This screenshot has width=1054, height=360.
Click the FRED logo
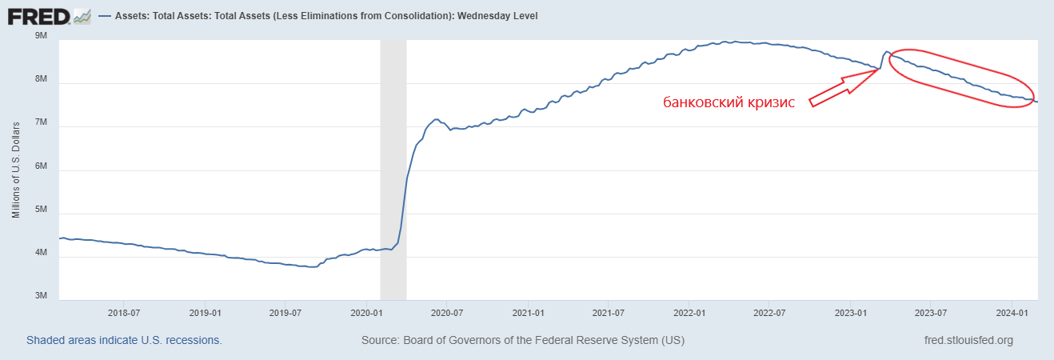pyautogui.click(x=38, y=15)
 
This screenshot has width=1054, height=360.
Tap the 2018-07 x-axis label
pyautogui.click(x=124, y=312)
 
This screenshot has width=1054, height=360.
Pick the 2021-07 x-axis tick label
pyautogui.click(x=609, y=312)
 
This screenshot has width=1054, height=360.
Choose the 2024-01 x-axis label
pyautogui.click(x=1011, y=312)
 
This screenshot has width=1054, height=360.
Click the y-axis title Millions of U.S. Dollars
pyautogui.click(x=16, y=170)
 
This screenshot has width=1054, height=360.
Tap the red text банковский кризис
pyautogui.click(x=729, y=102)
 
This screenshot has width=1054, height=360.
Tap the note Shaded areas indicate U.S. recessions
pyautogui.click(x=124, y=340)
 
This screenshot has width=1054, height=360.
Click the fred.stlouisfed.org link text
pyautogui.click(x=968, y=340)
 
